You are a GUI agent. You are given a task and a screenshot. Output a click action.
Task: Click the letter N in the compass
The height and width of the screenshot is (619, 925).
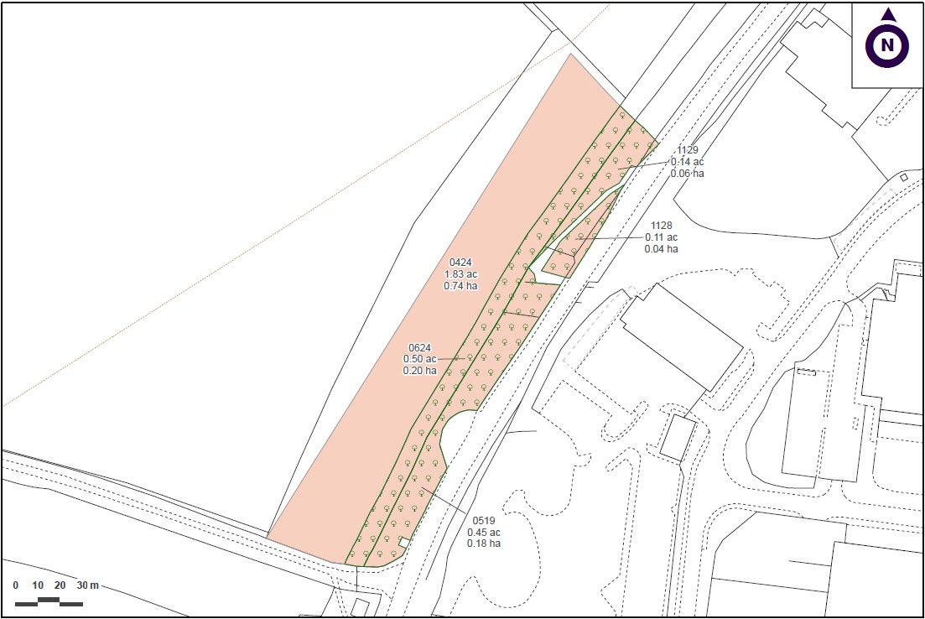pos(887,45)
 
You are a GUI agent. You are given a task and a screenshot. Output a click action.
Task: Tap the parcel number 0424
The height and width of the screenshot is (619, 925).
pos(460,262)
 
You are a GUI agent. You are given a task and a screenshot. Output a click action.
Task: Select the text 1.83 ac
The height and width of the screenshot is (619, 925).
pos(460,273)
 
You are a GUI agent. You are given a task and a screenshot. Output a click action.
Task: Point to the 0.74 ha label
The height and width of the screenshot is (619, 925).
pos(460,285)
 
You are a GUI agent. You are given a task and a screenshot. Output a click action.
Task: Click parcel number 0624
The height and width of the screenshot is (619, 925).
pos(419,347)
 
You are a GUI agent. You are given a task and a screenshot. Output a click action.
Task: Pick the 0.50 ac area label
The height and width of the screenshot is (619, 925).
pos(419,359)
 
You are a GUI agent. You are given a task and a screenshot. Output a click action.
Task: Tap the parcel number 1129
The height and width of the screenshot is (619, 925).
pos(687,150)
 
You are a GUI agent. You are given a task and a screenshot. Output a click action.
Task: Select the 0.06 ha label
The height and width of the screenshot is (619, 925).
pos(687,174)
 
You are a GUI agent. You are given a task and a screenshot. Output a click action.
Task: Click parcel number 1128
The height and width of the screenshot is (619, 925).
pos(662,226)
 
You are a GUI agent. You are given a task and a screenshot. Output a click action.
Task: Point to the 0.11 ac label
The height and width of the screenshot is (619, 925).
pos(662,237)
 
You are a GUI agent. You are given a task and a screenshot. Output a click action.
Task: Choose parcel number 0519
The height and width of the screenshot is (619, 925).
pos(484,521)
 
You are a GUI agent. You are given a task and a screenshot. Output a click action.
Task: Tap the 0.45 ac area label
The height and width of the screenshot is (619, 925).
pos(484,533)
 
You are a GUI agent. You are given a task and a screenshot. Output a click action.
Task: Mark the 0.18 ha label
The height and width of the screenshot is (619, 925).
pos(484,544)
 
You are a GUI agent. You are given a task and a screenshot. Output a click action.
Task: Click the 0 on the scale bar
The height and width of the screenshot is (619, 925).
pos(16,585)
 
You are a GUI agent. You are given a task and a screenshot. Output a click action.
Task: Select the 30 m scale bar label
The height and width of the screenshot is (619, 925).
pos(88,585)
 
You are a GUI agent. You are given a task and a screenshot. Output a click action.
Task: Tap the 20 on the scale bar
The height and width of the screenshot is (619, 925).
pos(60,585)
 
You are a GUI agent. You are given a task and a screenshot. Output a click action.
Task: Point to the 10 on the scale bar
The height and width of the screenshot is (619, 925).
pos(38,585)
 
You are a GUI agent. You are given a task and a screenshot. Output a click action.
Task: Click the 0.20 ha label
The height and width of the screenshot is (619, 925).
pos(419,370)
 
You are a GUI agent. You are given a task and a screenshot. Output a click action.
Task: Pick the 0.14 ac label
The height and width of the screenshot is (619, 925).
pos(687,162)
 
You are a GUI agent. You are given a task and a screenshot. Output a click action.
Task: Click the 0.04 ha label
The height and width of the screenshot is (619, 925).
pos(662,248)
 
